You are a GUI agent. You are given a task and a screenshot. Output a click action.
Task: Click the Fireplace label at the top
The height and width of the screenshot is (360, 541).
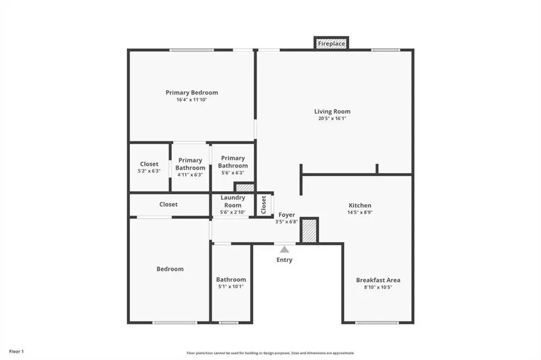[x=331, y=44]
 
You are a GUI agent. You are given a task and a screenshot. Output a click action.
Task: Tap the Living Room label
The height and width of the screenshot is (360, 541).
[x=332, y=111]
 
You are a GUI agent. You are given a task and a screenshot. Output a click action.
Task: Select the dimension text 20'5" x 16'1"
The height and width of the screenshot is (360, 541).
[x=332, y=118]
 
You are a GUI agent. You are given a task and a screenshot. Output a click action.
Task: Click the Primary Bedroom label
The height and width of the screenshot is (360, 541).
[x=192, y=93]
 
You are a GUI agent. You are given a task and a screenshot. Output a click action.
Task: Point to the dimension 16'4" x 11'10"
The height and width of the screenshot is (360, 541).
[x=192, y=100]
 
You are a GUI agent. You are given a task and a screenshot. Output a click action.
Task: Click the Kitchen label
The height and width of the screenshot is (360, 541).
[x=359, y=205]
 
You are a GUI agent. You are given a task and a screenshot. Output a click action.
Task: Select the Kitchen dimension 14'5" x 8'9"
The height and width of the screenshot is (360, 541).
[x=359, y=212]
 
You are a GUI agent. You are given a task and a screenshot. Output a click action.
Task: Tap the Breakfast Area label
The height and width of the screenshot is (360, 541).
[x=378, y=280]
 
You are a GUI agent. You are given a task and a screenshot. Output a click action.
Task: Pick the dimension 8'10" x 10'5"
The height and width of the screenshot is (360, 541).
[x=378, y=287]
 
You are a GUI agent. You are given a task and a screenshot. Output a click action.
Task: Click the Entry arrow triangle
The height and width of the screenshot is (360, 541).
[x=284, y=248]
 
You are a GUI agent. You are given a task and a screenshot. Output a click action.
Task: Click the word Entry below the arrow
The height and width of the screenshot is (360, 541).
[x=284, y=260]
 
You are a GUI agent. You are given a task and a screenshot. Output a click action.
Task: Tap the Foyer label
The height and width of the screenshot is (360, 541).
[x=286, y=215]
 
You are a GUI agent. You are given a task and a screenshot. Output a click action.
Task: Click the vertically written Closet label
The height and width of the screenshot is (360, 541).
[x=264, y=204]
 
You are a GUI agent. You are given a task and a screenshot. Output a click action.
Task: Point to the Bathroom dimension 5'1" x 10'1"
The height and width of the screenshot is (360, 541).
[x=231, y=287]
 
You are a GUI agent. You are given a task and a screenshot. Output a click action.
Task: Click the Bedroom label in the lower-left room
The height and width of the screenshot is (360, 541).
[x=170, y=269]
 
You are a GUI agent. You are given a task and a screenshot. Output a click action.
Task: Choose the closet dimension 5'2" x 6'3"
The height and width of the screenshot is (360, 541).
[x=149, y=171]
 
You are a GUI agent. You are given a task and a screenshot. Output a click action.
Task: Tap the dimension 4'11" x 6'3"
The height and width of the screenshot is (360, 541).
[x=190, y=175]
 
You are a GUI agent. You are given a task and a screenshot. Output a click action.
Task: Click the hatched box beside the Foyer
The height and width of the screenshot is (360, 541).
[x=309, y=231]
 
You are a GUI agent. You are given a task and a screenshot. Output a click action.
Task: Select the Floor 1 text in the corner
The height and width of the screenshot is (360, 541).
[x=16, y=351]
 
